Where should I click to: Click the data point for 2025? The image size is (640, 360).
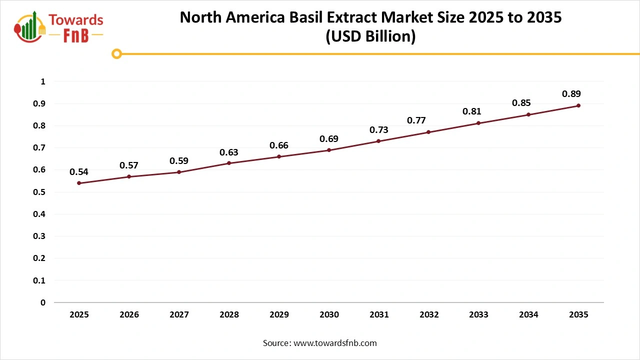click(79, 183)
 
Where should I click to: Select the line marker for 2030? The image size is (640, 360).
click(329, 150)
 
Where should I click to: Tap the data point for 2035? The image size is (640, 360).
click(578, 105)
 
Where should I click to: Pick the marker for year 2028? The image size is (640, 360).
click(229, 163)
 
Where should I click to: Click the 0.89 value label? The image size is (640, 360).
click(571, 94)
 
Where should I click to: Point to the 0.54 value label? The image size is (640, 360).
click(79, 172)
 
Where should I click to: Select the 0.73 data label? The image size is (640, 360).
click(378, 130)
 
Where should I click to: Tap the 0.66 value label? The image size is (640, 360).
click(279, 145)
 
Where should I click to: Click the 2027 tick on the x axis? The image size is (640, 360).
click(179, 315)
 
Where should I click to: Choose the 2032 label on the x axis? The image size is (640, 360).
click(428, 315)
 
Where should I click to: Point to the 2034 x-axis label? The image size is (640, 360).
click(528, 315)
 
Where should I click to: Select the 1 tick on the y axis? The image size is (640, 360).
click(43, 81)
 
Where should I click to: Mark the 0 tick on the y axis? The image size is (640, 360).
click(43, 302)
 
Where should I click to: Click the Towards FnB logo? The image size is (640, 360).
click(59, 27)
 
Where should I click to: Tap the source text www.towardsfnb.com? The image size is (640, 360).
click(335, 343)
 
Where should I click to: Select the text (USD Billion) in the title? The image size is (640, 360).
click(370, 36)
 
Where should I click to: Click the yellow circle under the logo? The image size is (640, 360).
click(116, 53)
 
